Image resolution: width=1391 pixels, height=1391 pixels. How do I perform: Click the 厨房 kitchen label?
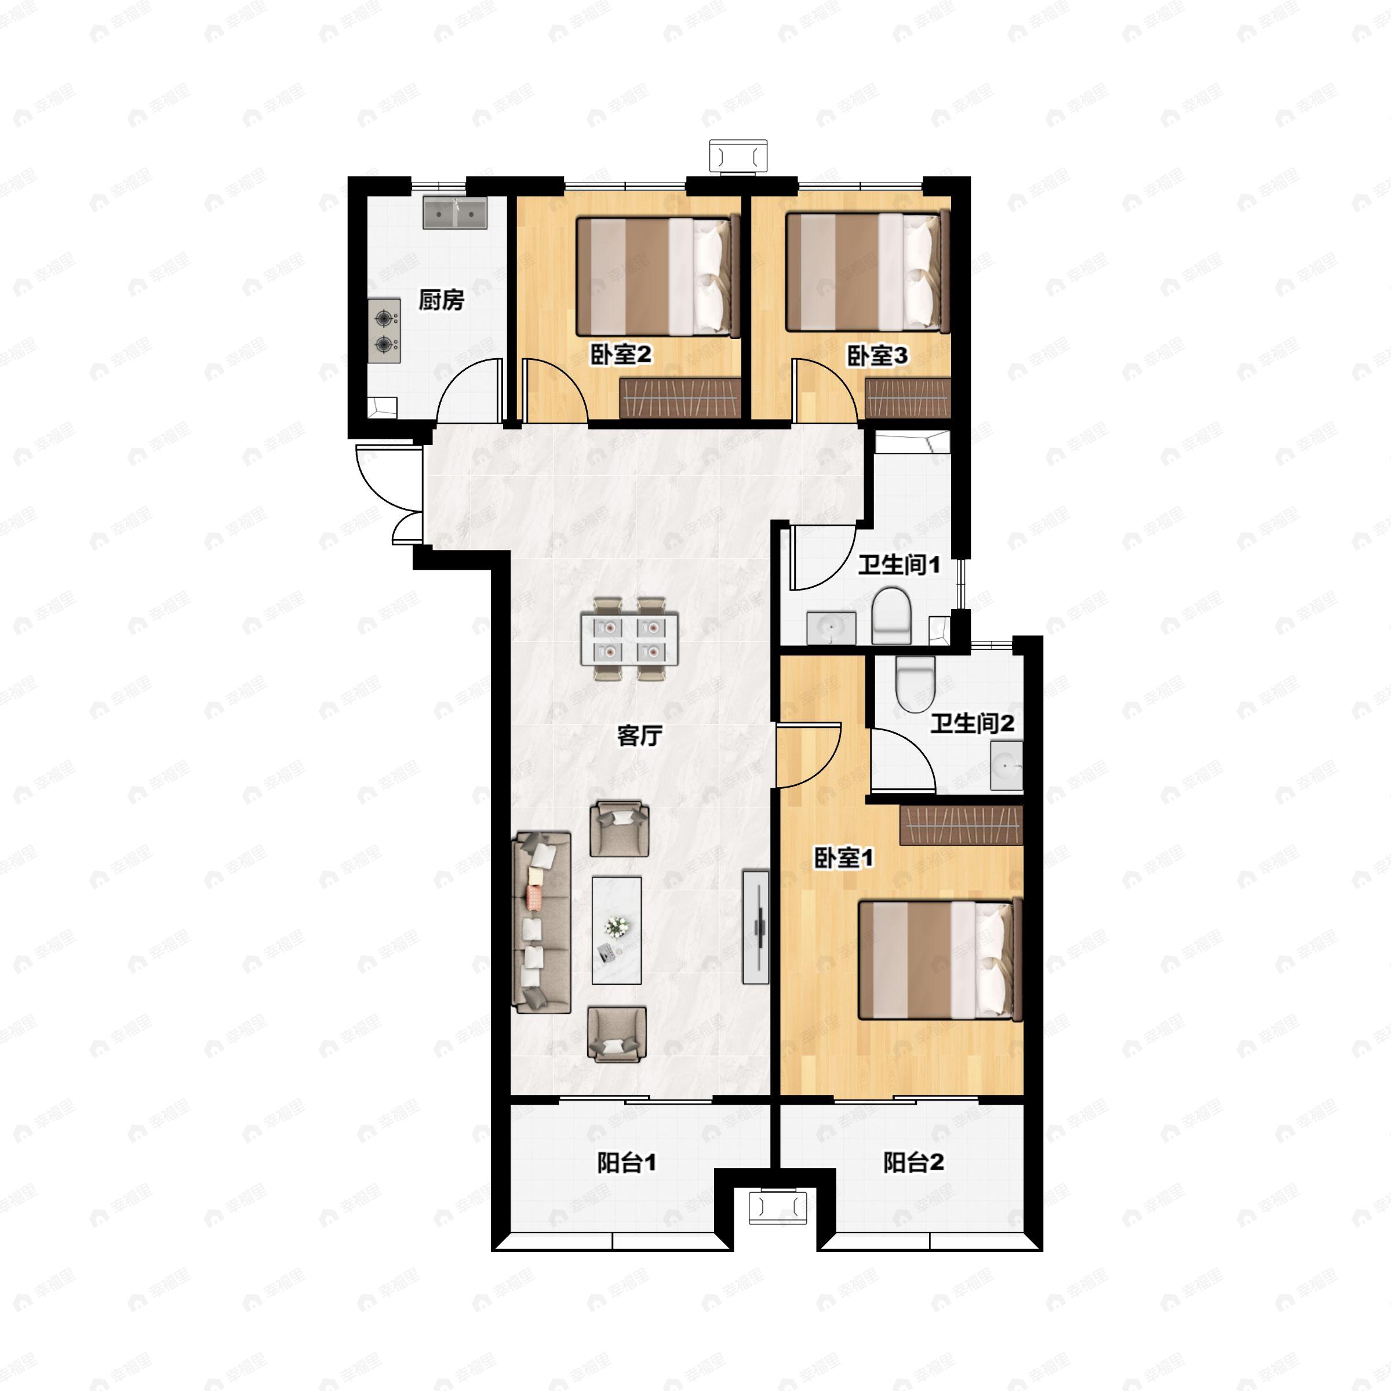[x=441, y=300]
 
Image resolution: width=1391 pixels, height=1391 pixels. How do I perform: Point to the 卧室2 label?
[x=621, y=354]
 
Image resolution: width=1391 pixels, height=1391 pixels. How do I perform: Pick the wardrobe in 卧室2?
[x=680, y=398]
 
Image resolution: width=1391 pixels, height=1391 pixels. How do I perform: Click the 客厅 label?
[x=639, y=735]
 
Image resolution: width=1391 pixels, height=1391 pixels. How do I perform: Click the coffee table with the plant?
[x=616, y=930]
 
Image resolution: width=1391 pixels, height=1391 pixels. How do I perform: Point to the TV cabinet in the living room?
[x=756, y=927]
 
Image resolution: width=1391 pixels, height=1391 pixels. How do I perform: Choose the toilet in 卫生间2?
[x=915, y=684]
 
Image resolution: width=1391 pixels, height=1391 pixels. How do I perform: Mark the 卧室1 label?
[x=844, y=858]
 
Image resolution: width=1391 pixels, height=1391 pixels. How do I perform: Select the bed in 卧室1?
[x=940, y=960]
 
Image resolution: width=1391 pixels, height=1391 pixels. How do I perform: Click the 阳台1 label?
[x=627, y=1162]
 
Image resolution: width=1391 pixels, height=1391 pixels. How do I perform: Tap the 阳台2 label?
[x=913, y=1162]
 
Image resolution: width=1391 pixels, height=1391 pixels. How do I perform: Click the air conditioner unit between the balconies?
[x=778, y=1207]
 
